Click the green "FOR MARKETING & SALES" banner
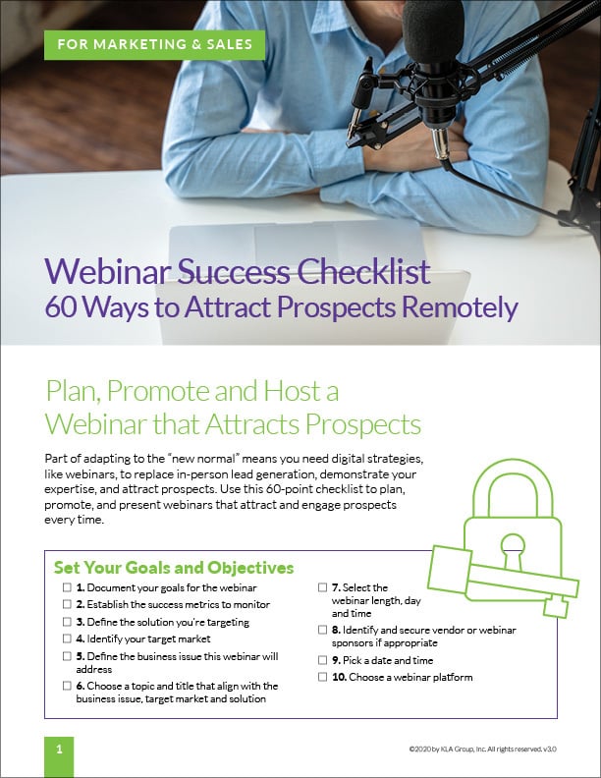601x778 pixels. point(154,43)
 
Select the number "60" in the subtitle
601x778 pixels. point(64,306)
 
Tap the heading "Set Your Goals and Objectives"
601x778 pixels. point(174,568)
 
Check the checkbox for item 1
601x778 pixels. point(67,586)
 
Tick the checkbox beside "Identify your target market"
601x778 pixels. point(67,639)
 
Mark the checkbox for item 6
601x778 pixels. point(67,686)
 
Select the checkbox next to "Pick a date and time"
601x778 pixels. point(323,660)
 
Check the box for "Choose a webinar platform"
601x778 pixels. point(323,678)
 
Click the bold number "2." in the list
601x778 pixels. point(81,604)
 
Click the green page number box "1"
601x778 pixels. point(59,749)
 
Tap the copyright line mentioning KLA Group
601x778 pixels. point(482,749)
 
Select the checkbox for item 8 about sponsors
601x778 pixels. point(323,630)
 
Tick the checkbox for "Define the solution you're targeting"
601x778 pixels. point(67,622)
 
